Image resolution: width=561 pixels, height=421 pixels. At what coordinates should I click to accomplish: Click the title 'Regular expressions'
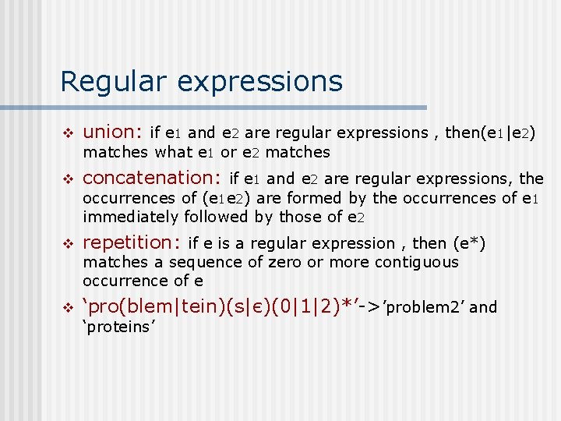click(x=201, y=81)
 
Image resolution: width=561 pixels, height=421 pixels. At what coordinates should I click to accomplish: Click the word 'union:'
click(x=112, y=133)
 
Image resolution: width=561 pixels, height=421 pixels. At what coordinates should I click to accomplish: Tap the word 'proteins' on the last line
click(x=120, y=327)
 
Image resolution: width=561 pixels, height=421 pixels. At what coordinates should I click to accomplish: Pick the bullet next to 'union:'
click(x=68, y=133)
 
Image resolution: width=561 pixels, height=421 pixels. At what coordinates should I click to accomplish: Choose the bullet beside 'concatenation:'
click(x=68, y=179)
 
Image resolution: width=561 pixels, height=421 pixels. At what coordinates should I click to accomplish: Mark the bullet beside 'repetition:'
click(x=68, y=244)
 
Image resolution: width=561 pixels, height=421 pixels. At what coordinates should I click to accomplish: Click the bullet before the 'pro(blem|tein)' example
click(x=68, y=307)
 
